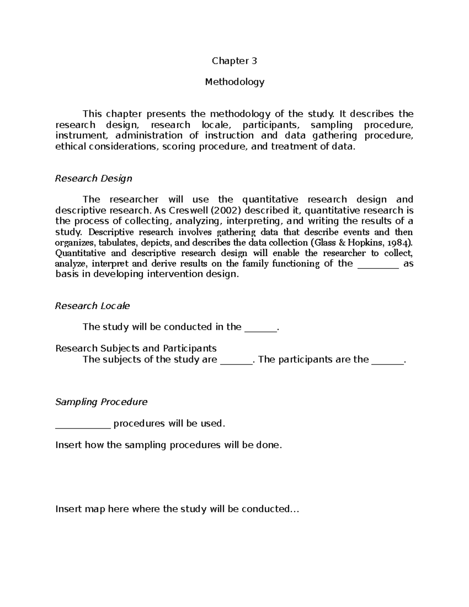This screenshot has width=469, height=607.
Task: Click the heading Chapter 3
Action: (234, 61)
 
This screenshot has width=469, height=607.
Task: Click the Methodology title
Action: (234, 82)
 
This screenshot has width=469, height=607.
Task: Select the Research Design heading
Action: (93, 179)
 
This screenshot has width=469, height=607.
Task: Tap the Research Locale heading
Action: (92, 306)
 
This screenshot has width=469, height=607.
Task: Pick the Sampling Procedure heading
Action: (101, 402)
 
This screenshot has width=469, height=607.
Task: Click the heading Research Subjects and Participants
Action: (136, 348)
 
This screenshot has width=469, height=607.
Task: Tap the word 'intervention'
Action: (173, 274)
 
